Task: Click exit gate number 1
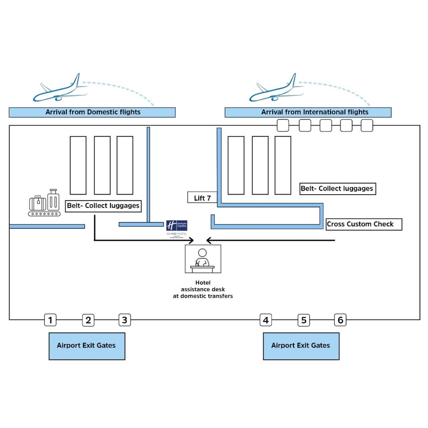click(50, 320)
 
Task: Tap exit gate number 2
click(88, 320)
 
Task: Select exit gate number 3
click(125, 320)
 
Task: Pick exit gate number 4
click(266, 320)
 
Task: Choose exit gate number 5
click(304, 320)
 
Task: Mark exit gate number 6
click(340, 320)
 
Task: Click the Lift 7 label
click(202, 198)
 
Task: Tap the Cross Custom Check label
click(364, 224)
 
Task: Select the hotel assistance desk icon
click(203, 259)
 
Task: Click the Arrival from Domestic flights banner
click(92, 112)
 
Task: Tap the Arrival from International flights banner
click(308, 112)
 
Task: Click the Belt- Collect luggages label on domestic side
click(103, 206)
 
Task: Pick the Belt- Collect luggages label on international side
click(337, 189)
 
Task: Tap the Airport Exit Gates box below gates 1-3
click(87, 346)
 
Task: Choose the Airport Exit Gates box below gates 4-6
click(301, 346)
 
